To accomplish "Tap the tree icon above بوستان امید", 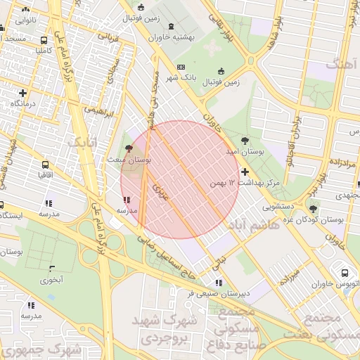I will coord(245,140).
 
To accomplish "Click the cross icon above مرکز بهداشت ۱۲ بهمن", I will coord(245,172).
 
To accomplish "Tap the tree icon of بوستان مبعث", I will coord(128,148).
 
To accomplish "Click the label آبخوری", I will coord(51,280).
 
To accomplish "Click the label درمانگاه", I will coord(23,103).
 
